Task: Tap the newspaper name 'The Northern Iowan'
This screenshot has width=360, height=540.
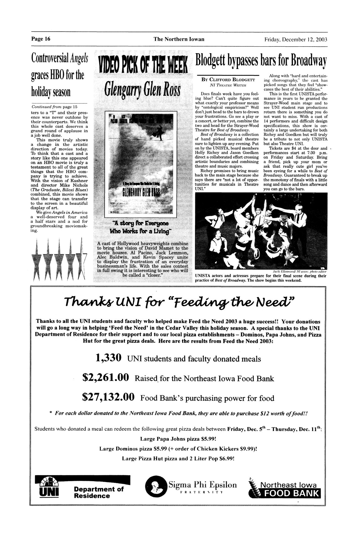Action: tap(179, 39)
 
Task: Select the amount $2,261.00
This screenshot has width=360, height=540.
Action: tap(105, 378)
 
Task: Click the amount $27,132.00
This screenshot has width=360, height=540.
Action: tap(108, 398)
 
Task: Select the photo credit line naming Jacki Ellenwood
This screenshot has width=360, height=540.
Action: tap(300, 271)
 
